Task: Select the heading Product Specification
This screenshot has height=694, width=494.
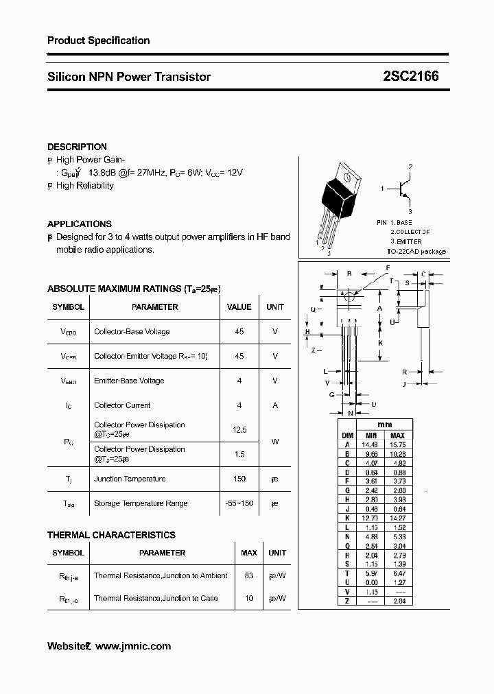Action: (98, 40)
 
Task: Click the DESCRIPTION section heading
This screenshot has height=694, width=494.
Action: (77, 147)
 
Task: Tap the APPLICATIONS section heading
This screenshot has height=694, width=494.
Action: (79, 224)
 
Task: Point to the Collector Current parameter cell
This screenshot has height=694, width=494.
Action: (122, 405)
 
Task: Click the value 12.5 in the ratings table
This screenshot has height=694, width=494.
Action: (239, 429)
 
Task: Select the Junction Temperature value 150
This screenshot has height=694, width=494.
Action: (239, 479)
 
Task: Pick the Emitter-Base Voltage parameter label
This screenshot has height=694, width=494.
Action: (129, 381)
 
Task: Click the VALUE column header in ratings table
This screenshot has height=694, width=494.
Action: (239, 307)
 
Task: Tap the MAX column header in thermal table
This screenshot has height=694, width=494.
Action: (248, 553)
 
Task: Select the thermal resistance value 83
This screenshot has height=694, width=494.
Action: (248, 575)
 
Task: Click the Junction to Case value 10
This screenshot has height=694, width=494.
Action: (248, 598)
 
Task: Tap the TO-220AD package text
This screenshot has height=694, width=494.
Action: (416, 252)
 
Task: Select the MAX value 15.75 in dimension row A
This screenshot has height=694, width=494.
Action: (397, 444)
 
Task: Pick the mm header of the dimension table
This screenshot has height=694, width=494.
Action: (384, 424)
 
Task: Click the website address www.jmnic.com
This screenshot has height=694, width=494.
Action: (133, 646)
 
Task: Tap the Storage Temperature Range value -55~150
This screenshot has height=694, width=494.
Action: (239, 503)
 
